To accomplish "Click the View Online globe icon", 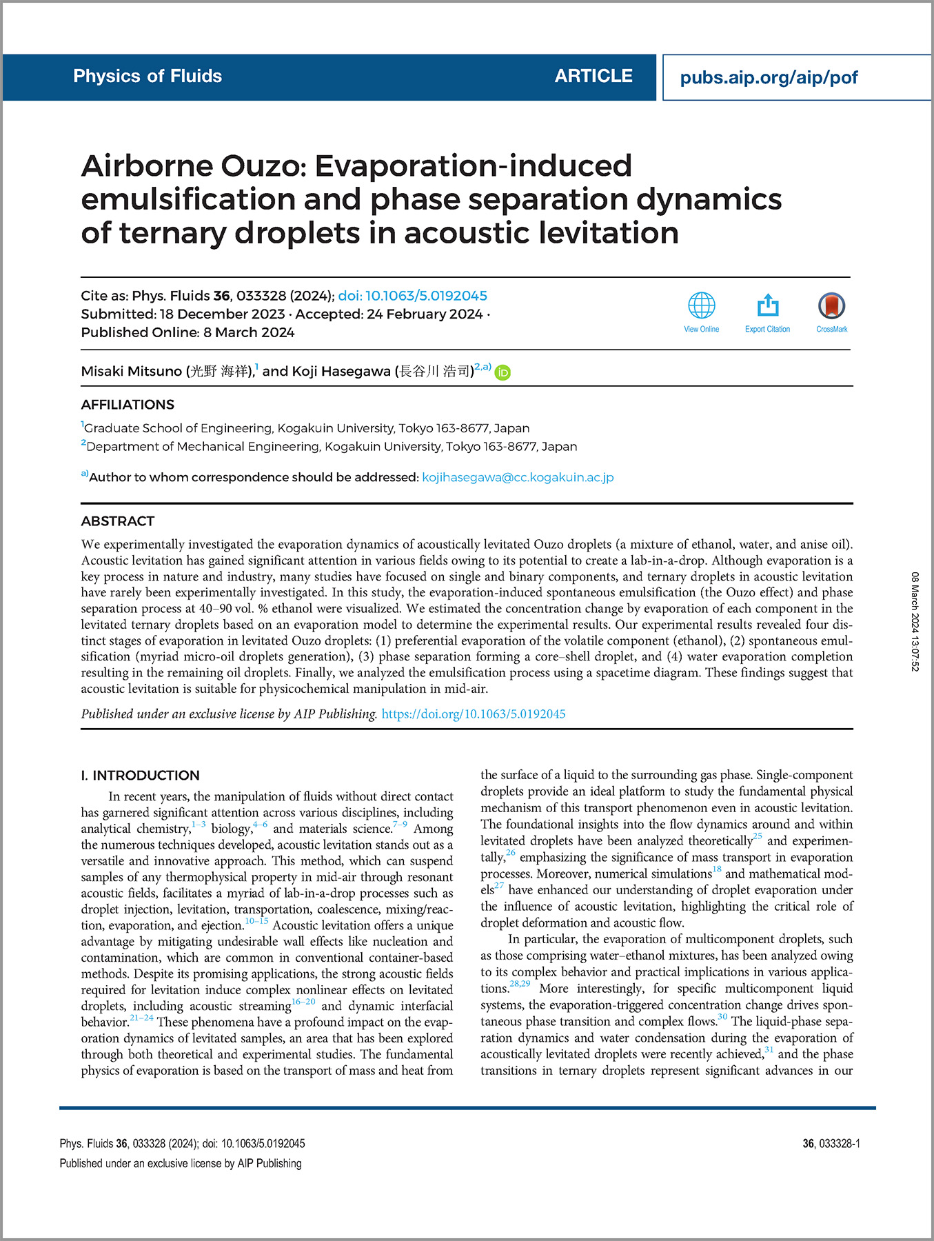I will pyautogui.click(x=701, y=305).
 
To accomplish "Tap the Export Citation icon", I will pyautogui.click(x=767, y=305).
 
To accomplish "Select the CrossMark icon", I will pyautogui.click(x=831, y=305).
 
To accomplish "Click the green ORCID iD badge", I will pyautogui.click(x=503, y=372).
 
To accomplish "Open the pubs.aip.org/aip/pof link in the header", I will pyautogui.click(x=769, y=77).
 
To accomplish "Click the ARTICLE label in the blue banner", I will pyautogui.click(x=593, y=76).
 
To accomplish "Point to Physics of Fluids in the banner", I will pyautogui.click(x=148, y=76).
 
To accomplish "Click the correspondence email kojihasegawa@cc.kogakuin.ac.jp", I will pyautogui.click(x=518, y=477).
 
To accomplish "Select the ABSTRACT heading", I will pyautogui.click(x=118, y=521).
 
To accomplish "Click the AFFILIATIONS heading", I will pyautogui.click(x=128, y=405).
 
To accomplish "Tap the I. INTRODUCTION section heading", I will pyautogui.click(x=140, y=775).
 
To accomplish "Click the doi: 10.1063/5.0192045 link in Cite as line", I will pyautogui.click(x=412, y=296).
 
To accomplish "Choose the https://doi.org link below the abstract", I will pyautogui.click(x=474, y=714).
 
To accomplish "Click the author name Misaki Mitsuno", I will pyautogui.click(x=131, y=372).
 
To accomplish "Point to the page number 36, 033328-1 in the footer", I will pyautogui.click(x=831, y=1143).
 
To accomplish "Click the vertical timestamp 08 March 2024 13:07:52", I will pyautogui.click(x=915, y=620).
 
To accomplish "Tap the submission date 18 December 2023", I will pyautogui.click(x=222, y=314).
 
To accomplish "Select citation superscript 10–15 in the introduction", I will pyautogui.click(x=256, y=921).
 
